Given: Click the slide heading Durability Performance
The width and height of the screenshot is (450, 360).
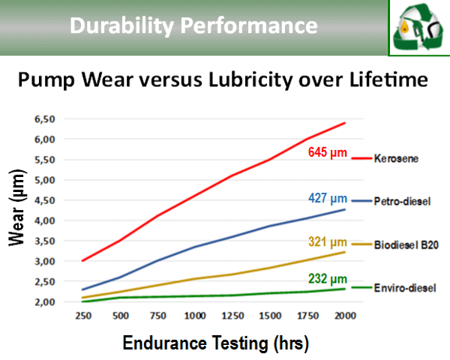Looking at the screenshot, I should [193, 26].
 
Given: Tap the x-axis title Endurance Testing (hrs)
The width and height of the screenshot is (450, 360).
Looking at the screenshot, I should [215, 343].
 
